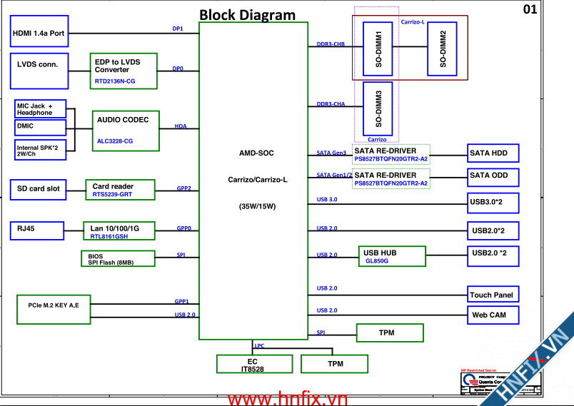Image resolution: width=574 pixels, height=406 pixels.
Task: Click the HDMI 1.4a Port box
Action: click(x=40, y=34)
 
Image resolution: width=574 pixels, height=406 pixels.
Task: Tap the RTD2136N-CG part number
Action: click(x=115, y=81)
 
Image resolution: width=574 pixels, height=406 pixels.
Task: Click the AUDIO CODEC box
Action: click(x=126, y=129)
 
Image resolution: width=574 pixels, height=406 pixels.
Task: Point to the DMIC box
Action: click(x=40, y=127)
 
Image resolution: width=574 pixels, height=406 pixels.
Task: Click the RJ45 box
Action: click(x=36, y=229)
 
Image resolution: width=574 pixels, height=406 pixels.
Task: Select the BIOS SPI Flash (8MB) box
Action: click(x=119, y=258)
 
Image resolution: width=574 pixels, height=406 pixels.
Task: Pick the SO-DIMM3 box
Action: click(x=378, y=107)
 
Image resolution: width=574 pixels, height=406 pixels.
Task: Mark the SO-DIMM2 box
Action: click(x=443, y=49)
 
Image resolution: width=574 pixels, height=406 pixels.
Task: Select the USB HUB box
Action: click(x=391, y=256)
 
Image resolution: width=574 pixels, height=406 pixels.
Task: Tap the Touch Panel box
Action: click(x=492, y=295)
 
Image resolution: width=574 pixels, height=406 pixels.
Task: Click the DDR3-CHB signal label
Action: click(x=331, y=45)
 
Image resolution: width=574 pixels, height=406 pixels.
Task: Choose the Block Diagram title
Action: click(x=247, y=14)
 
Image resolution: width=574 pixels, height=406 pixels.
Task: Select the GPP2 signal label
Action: click(x=183, y=188)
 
